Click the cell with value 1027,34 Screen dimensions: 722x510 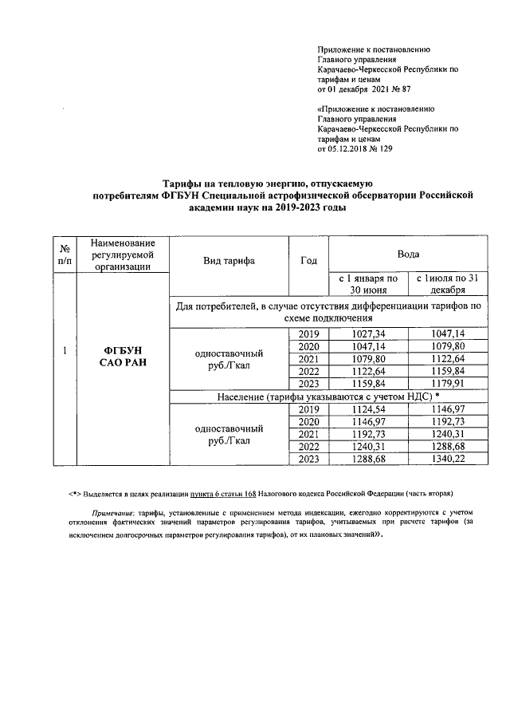[x=368, y=333]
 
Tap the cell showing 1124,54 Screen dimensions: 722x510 [x=368, y=409]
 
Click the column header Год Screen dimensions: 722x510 [x=308, y=260]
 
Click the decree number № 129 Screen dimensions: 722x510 [x=381, y=148]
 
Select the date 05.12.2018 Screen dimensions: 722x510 [x=349, y=148]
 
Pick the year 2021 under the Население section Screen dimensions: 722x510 [x=308, y=434]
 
